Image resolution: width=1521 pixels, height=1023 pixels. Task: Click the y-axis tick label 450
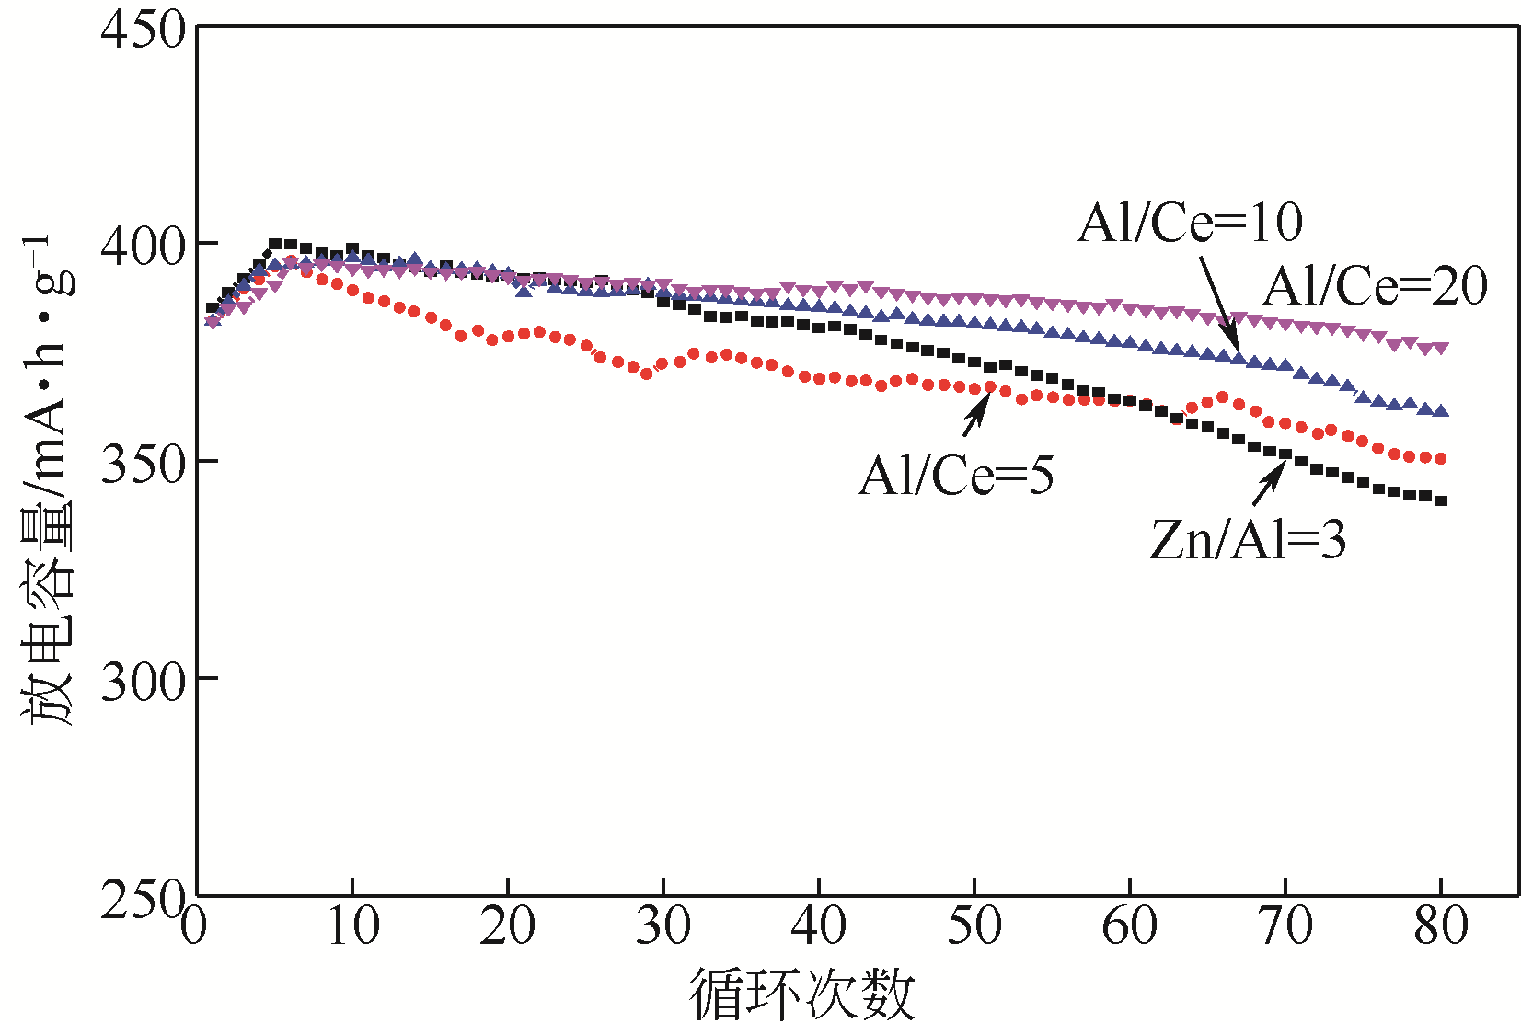143,29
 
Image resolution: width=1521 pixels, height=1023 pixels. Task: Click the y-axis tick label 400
143,246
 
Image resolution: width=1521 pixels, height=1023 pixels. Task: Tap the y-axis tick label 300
143,681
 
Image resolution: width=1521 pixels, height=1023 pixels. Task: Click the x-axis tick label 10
352,925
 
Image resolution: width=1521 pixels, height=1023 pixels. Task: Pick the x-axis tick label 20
508,925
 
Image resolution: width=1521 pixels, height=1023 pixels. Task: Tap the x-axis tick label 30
663,925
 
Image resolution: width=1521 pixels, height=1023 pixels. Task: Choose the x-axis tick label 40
819,925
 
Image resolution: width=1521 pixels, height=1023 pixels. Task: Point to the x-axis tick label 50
974,925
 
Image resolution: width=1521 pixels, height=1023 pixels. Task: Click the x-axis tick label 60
1130,925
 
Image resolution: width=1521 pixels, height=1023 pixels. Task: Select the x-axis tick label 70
1285,925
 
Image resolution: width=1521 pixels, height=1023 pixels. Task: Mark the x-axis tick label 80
1441,925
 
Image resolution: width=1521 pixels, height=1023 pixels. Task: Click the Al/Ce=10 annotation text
1190,223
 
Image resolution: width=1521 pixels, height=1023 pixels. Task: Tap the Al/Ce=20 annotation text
1375,286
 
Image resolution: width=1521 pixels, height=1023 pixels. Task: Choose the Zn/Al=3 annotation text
1248,540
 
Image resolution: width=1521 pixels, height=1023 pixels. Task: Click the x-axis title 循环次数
802,994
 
